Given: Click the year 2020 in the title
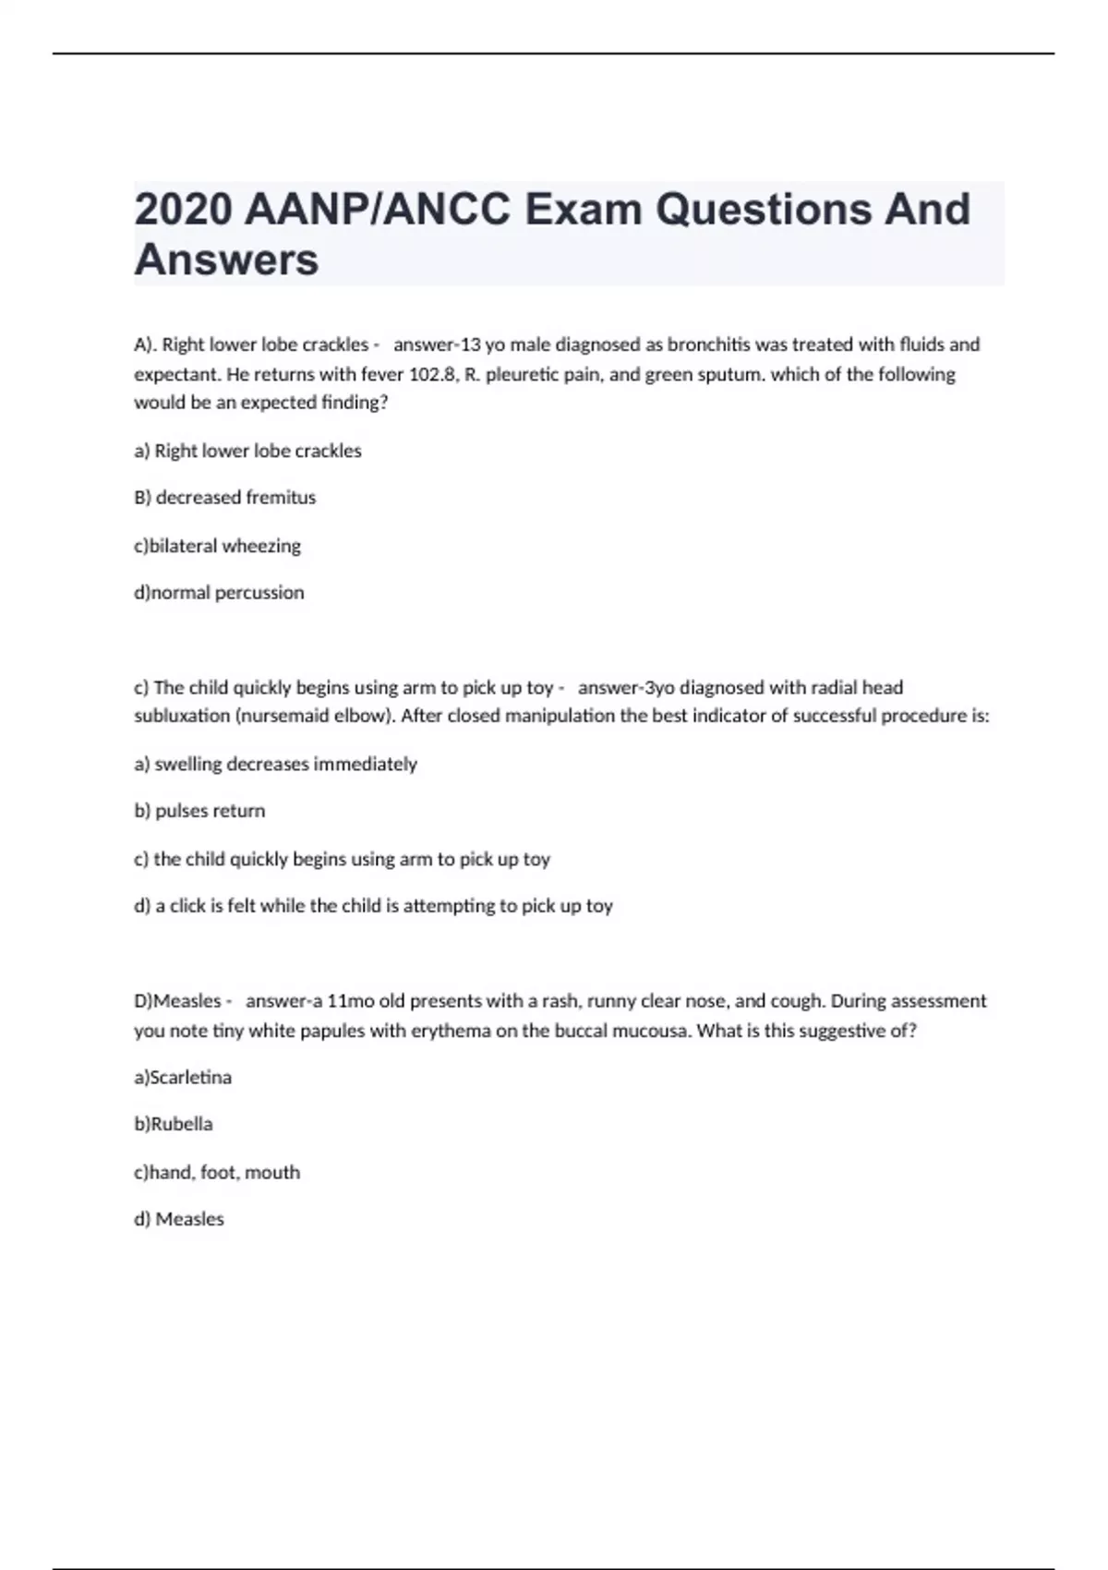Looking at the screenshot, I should point(183,210).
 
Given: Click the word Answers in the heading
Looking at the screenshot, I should point(226,260).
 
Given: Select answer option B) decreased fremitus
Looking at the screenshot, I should point(224,497).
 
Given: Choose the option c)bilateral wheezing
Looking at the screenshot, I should point(217,546).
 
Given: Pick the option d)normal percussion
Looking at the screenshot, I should point(219,592).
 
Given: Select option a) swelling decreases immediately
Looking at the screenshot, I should point(275,764).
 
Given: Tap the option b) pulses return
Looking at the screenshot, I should point(199,811).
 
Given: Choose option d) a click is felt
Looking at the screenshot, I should point(373,906).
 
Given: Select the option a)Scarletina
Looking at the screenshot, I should point(183,1077).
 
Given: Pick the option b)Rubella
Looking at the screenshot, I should point(173,1124).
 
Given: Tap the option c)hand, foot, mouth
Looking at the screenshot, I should point(217,1172).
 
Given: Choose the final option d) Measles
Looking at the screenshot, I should point(179,1219).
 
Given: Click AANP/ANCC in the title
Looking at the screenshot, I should point(379,210).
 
